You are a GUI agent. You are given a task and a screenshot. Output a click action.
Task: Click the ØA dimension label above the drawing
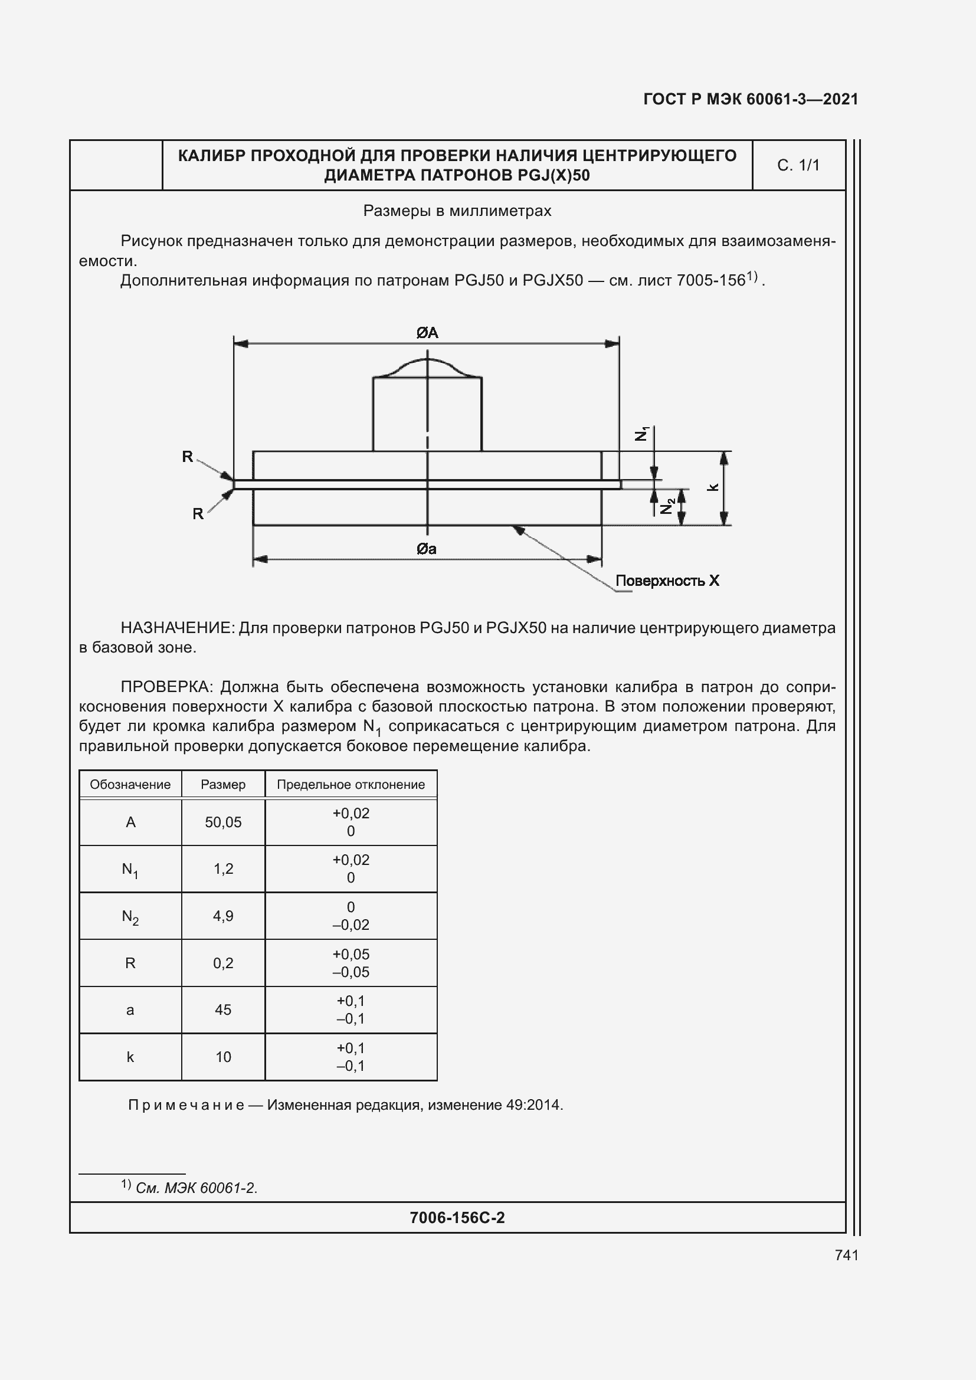coord(427,332)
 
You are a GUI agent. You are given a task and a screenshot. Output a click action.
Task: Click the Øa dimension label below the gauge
coord(427,549)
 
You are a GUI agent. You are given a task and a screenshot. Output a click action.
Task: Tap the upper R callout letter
coord(188,457)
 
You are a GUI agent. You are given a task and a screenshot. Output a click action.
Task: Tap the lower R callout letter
coord(198,514)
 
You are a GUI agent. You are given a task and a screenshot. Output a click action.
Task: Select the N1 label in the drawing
coord(643,434)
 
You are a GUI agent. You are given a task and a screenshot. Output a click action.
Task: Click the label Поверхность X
coord(667,581)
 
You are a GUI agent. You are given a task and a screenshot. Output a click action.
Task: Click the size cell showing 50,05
coord(223,822)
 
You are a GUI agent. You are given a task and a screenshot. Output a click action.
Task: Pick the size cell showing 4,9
coord(223,916)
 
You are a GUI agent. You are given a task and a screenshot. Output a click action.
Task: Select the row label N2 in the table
coord(130,917)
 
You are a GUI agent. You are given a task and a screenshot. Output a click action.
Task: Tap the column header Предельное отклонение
coord(351,784)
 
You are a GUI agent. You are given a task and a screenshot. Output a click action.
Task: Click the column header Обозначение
coord(130,784)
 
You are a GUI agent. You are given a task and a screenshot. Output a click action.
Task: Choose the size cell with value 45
coord(223,1009)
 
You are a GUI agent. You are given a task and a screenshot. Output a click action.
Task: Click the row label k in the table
coord(130,1057)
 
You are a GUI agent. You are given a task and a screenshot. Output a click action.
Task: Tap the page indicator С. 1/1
coord(798,165)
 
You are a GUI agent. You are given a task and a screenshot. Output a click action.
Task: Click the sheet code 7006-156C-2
coord(457,1218)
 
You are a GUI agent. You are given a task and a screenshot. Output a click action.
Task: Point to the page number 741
coord(846,1255)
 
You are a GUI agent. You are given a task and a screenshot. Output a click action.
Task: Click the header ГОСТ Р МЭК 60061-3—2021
coord(751,99)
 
